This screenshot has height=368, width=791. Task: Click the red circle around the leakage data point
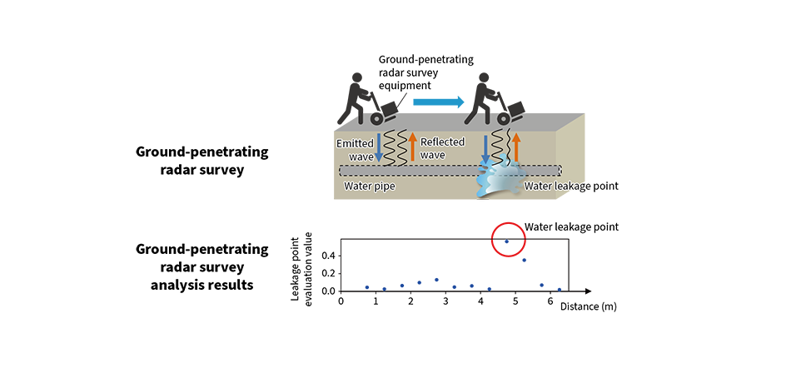pyautogui.click(x=492, y=240)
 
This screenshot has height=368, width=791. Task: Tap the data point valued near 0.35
pyautogui.click(x=524, y=260)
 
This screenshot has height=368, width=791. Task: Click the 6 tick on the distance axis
pyautogui.click(x=550, y=301)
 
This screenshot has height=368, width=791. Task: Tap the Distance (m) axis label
pyautogui.click(x=588, y=306)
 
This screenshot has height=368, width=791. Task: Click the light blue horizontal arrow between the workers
pyautogui.click(x=438, y=102)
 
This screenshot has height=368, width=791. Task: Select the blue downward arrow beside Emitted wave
pyautogui.click(x=379, y=147)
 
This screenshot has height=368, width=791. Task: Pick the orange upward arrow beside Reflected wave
pyautogui.click(x=412, y=147)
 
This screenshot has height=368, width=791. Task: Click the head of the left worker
pyautogui.click(x=357, y=78)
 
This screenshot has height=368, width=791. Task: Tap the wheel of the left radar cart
pyautogui.click(x=376, y=118)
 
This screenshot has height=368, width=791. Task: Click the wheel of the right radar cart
pyautogui.click(x=504, y=118)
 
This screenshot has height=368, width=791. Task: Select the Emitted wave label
pyautogui.click(x=356, y=149)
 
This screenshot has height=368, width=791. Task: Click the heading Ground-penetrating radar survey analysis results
pyautogui.click(x=202, y=266)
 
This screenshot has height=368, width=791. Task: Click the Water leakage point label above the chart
pyautogui.click(x=571, y=226)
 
